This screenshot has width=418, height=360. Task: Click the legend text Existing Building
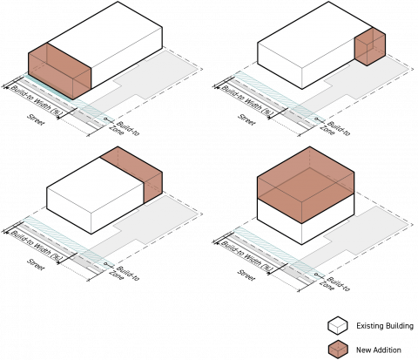point(385,326)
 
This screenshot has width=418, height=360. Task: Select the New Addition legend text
point(379,350)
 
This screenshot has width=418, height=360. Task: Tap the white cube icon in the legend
point(338,326)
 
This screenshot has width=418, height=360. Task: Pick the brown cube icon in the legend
point(338,350)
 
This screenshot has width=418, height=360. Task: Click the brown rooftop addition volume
point(306,185)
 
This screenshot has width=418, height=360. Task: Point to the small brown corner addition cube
point(370,46)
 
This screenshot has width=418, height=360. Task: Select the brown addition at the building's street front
point(59,71)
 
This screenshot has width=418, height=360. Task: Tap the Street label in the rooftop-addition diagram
point(246,275)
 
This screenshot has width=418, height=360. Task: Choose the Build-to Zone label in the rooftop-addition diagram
point(334,284)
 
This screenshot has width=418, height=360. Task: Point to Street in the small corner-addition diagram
point(246,119)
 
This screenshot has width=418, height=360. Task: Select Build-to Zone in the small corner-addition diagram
point(334,128)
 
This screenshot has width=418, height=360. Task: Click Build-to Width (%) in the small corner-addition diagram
point(246,100)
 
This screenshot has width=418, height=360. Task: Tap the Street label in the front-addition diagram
point(36,119)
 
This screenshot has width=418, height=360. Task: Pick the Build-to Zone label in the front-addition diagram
point(124,128)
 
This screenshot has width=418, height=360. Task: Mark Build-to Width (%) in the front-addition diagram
point(36,100)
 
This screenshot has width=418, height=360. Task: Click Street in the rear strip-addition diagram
point(36,264)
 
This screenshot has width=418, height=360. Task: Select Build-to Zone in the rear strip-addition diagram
point(124,274)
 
